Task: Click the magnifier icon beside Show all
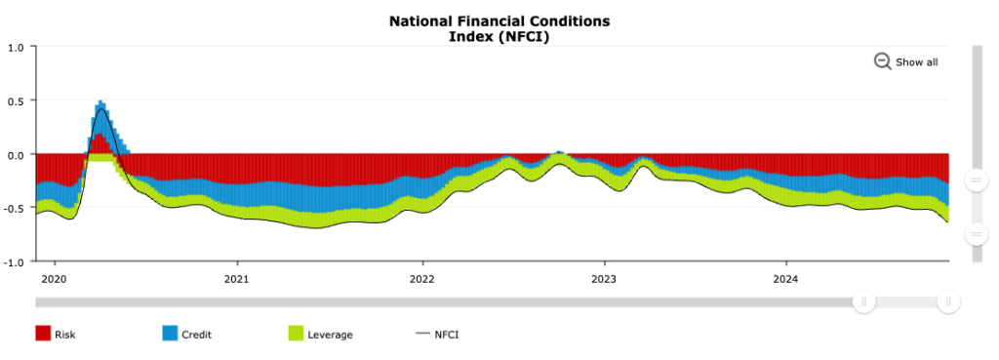coord(882,61)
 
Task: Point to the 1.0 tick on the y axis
coord(17,47)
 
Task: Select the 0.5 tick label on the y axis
coord(17,100)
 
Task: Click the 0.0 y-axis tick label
coord(17,154)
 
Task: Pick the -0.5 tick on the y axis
coord(15,208)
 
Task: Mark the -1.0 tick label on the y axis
coord(15,261)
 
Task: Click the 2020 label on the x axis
coord(54,278)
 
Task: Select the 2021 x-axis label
coord(237,278)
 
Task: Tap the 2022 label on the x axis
coord(421,278)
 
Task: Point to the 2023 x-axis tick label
coord(604,278)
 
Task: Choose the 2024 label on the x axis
coord(787,278)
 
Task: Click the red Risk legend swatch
coord(43,335)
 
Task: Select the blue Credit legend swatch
coord(170,335)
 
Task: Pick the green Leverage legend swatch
coord(297,335)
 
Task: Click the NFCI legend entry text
coord(447,335)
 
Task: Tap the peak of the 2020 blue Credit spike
coord(100,102)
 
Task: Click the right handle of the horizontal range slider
coord(947,302)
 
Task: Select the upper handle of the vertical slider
coord(975,180)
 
